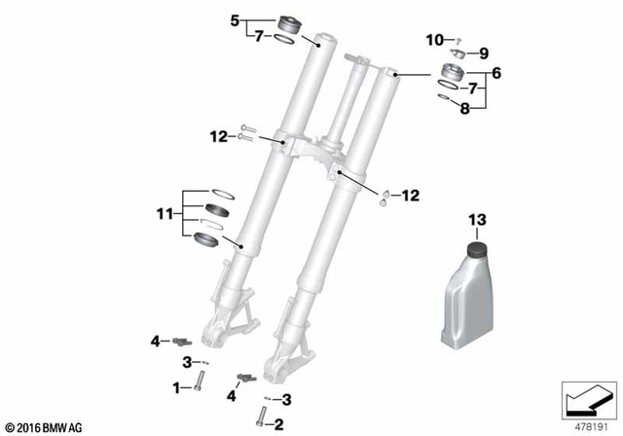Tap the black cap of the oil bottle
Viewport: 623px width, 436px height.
point(478,251)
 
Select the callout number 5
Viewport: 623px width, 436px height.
point(234,18)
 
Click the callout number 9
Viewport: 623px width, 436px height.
point(483,53)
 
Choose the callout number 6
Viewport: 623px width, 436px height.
point(495,71)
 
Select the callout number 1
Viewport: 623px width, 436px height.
point(176,387)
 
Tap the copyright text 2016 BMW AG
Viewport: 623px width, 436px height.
point(46,426)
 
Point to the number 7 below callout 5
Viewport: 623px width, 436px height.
point(258,37)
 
